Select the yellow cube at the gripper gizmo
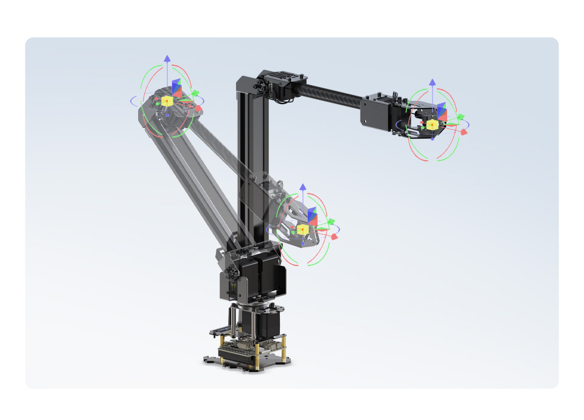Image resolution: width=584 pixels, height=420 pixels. (432, 124)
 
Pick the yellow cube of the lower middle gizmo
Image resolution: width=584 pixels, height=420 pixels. (302, 229)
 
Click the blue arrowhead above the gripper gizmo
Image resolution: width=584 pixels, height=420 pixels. (432, 82)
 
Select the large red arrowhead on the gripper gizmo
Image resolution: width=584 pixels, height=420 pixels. (464, 131)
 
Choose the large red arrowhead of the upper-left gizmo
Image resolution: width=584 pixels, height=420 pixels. (198, 108)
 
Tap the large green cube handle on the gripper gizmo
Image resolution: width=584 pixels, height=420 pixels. (461, 117)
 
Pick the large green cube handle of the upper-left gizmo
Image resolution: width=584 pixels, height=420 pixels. (196, 94)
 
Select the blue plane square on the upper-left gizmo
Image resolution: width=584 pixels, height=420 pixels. (176, 87)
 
